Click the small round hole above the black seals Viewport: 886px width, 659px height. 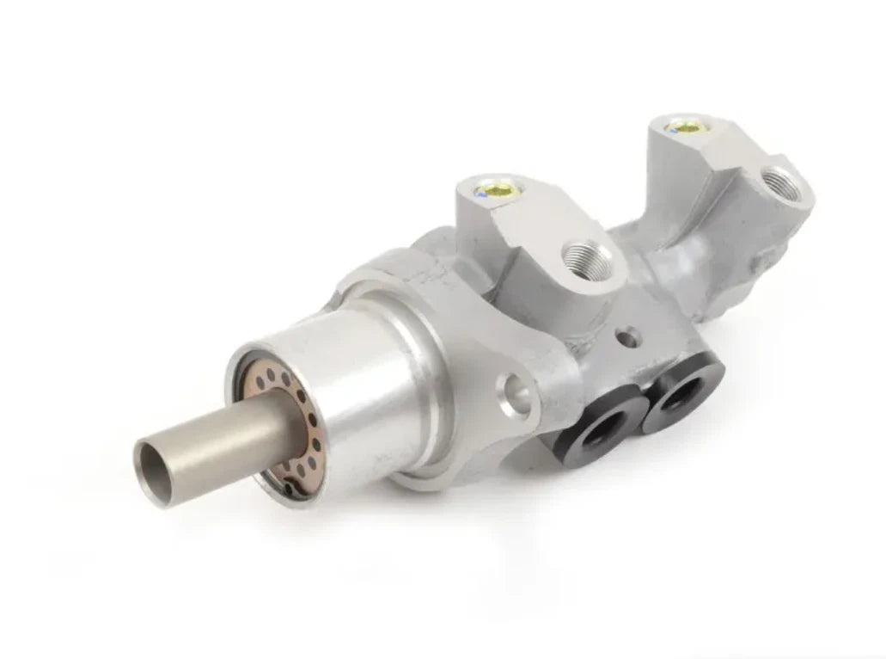pyautogui.click(x=630, y=336)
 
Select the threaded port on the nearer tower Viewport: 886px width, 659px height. pyautogui.click(x=588, y=259)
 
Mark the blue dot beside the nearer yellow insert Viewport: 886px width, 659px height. pyautogui.click(x=484, y=194)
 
